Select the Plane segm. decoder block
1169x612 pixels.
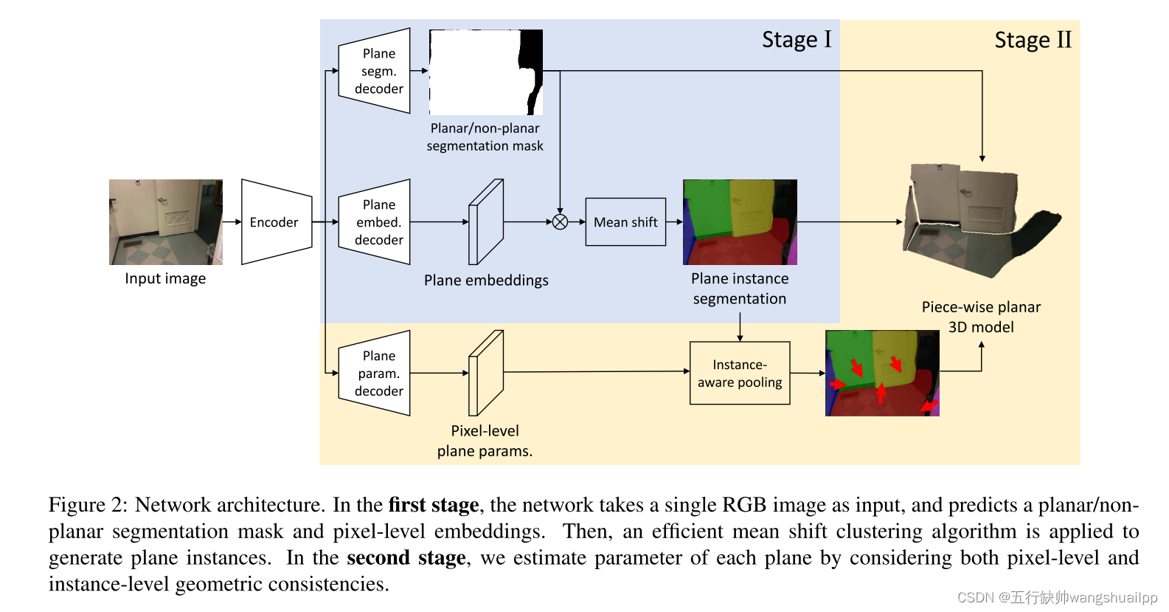(374, 71)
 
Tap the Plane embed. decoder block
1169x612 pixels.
(374, 222)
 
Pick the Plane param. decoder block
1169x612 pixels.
(374, 374)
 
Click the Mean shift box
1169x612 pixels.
(625, 222)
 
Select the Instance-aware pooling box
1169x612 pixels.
(740, 374)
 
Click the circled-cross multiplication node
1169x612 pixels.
(561, 222)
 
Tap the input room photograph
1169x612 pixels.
(166, 222)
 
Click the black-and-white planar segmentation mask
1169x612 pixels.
(486, 72)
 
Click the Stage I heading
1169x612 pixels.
(797, 39)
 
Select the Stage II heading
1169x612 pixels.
(1033, 40)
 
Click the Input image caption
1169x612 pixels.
(165, 278)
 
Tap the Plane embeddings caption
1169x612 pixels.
(486, 281)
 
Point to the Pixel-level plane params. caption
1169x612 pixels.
(485, 441)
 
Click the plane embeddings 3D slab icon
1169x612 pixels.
(486, 222)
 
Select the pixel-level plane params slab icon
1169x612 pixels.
(486, 374)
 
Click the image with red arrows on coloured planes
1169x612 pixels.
(882, 374)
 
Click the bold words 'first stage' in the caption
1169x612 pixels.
(434, 505)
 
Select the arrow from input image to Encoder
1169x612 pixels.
(232, 222)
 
